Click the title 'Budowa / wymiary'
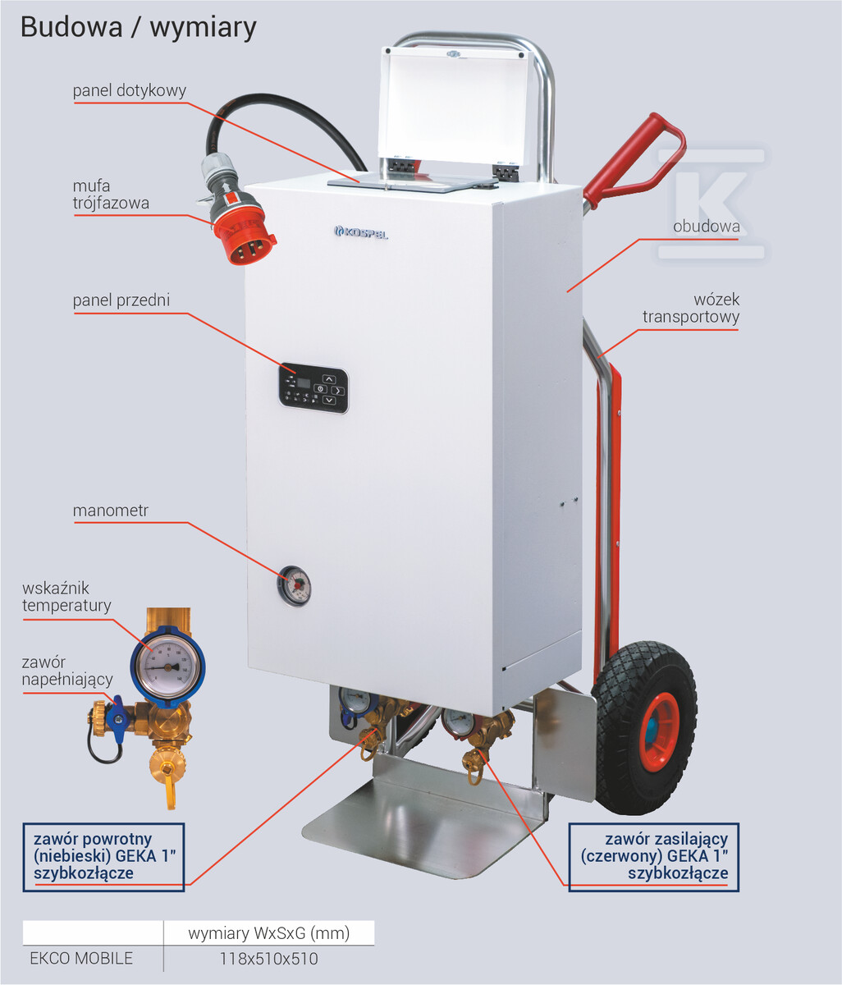[x=139, y=28]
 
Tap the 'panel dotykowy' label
[x=129, y=90]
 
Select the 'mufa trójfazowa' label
[x=111, y=195]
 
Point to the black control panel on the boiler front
[x=313, y=388]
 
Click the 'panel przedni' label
[x=121, y=300]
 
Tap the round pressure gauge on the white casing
[x=294, y=585]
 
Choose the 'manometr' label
[x=110, y=511]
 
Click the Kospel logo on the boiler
[x=361, y=232]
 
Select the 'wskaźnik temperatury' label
[x=66, y=597]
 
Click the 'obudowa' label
[x=707, y=227]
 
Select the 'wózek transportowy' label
[x=691, y=308]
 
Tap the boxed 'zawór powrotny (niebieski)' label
[x=104, y=856]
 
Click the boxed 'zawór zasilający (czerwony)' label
[x=654, y=856]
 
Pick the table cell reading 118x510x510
[x=268, y=958]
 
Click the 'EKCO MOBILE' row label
[x=81, y=958]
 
